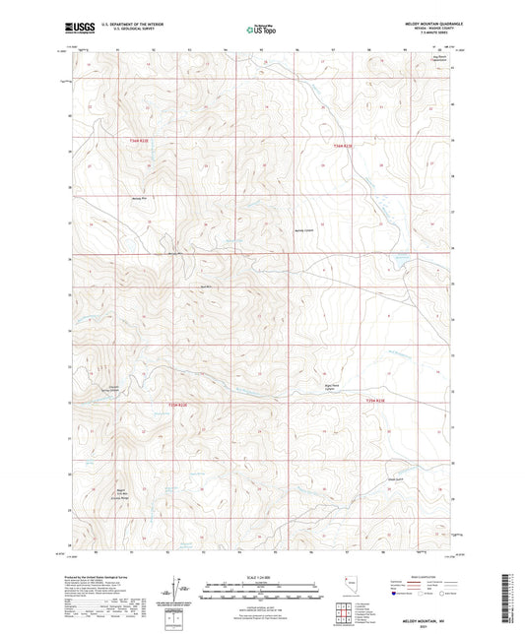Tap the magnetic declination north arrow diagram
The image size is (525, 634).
(x=177, y=590)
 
